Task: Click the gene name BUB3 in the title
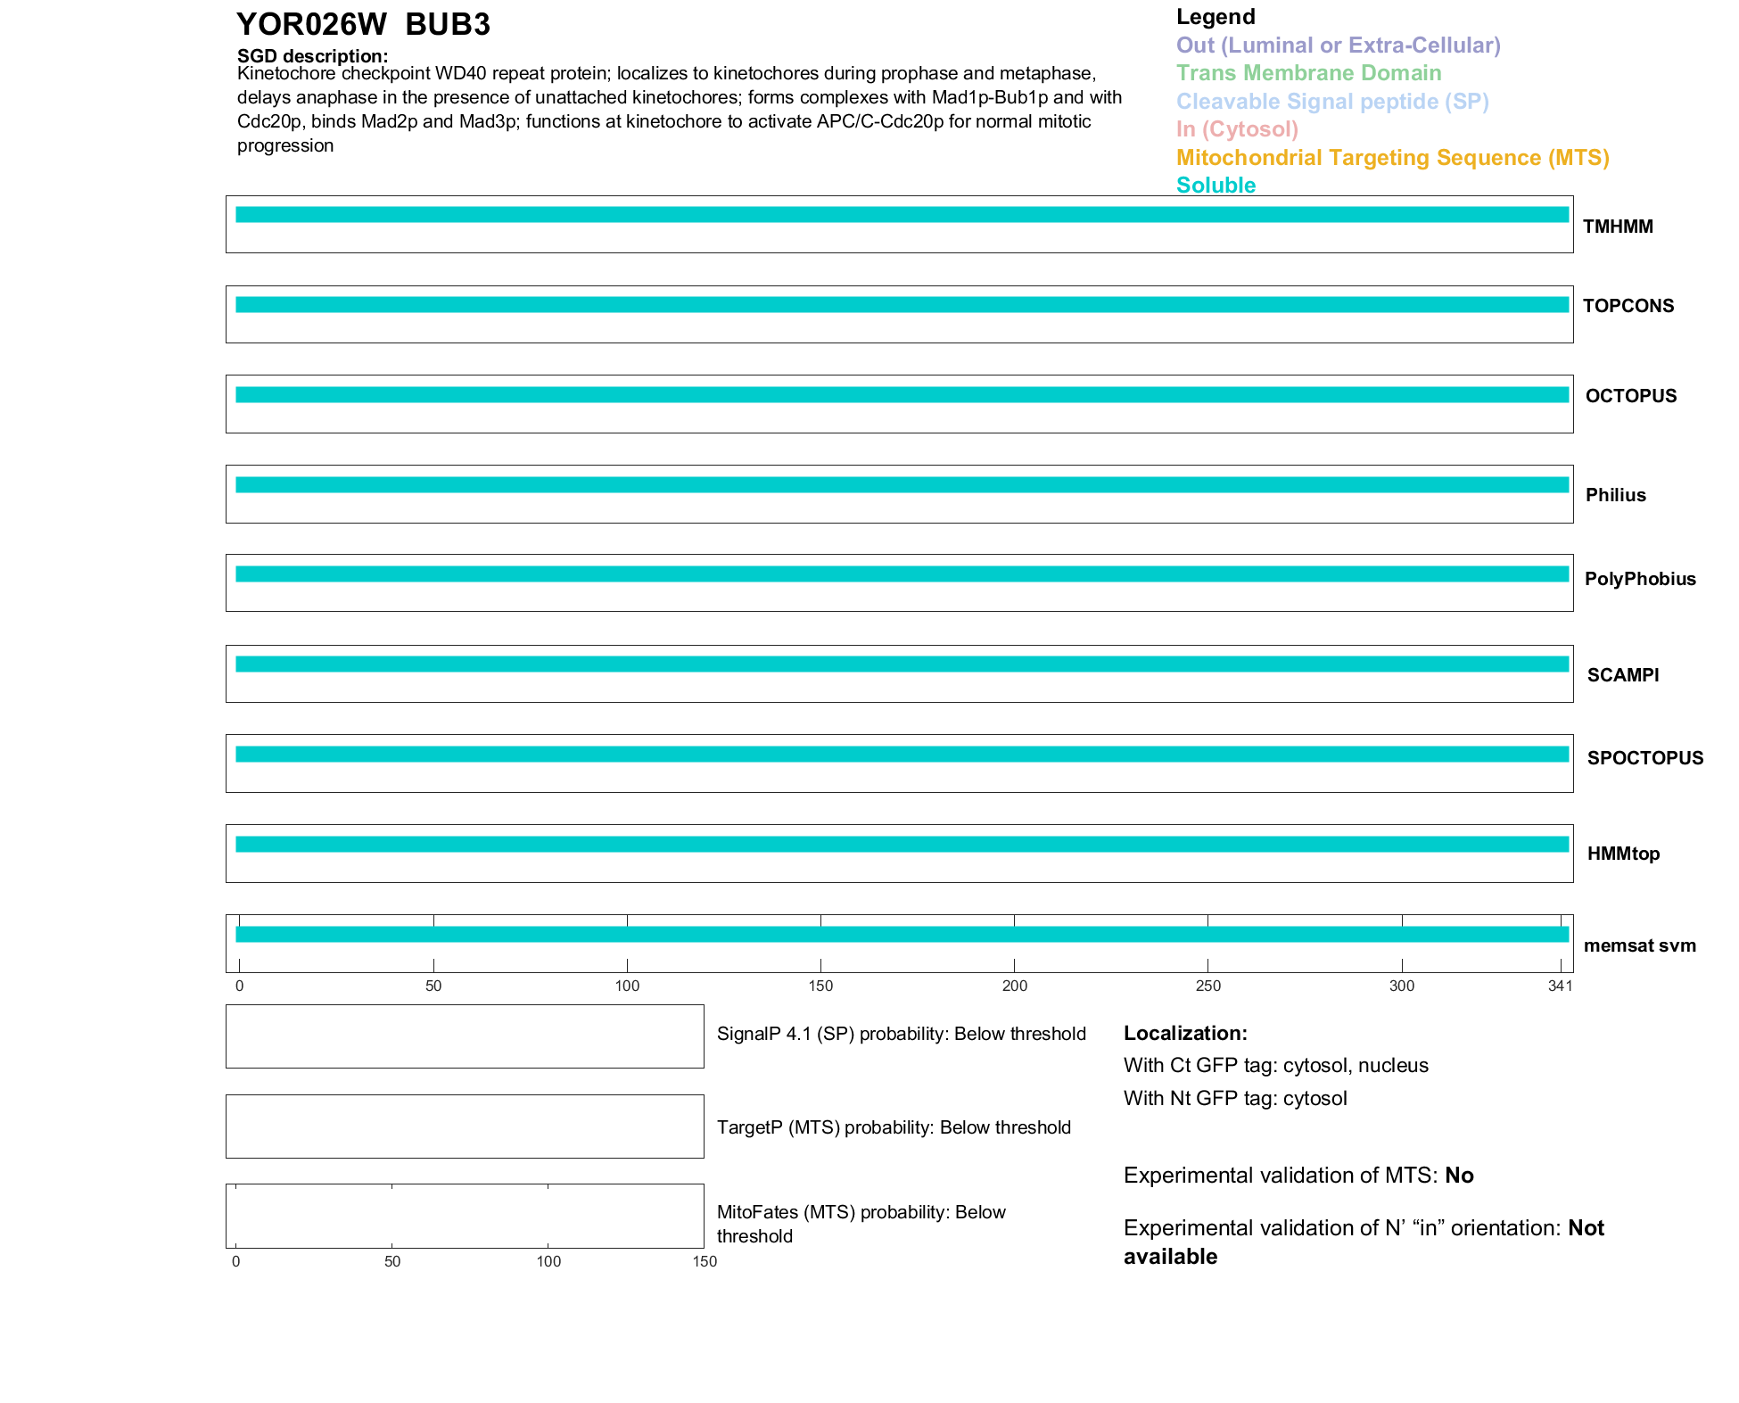click(x=447, y=25)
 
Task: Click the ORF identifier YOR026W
click(x=311, y=25)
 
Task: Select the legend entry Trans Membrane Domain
click(x=1308, y=73)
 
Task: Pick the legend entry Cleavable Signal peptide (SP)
click(x=1332, y=102)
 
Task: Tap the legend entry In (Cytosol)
click(x=1237, y=129)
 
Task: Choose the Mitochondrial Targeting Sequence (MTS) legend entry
click(x=1392, y=158)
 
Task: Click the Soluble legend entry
click(x=1216, y=186)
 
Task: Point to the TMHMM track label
click(x=1618, y=227)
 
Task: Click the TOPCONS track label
click(x=1628, y=306)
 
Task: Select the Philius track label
click(x=1615, y=495)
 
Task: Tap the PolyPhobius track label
click(x=1640, y=579)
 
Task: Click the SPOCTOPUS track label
click(x=1644, y=758)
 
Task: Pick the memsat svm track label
click(x=1639, y=945)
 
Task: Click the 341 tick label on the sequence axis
click(x=1560, y=986)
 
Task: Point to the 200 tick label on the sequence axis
click(x=1014, y=986)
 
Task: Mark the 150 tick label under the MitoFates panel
click(x=705, y=1261)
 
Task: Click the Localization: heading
click(x=1185, y=1033)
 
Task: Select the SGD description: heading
click(x=312, y=56)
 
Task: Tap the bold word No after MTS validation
click(x=1459, y=1176)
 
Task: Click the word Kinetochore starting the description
click(x=286, y=74)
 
